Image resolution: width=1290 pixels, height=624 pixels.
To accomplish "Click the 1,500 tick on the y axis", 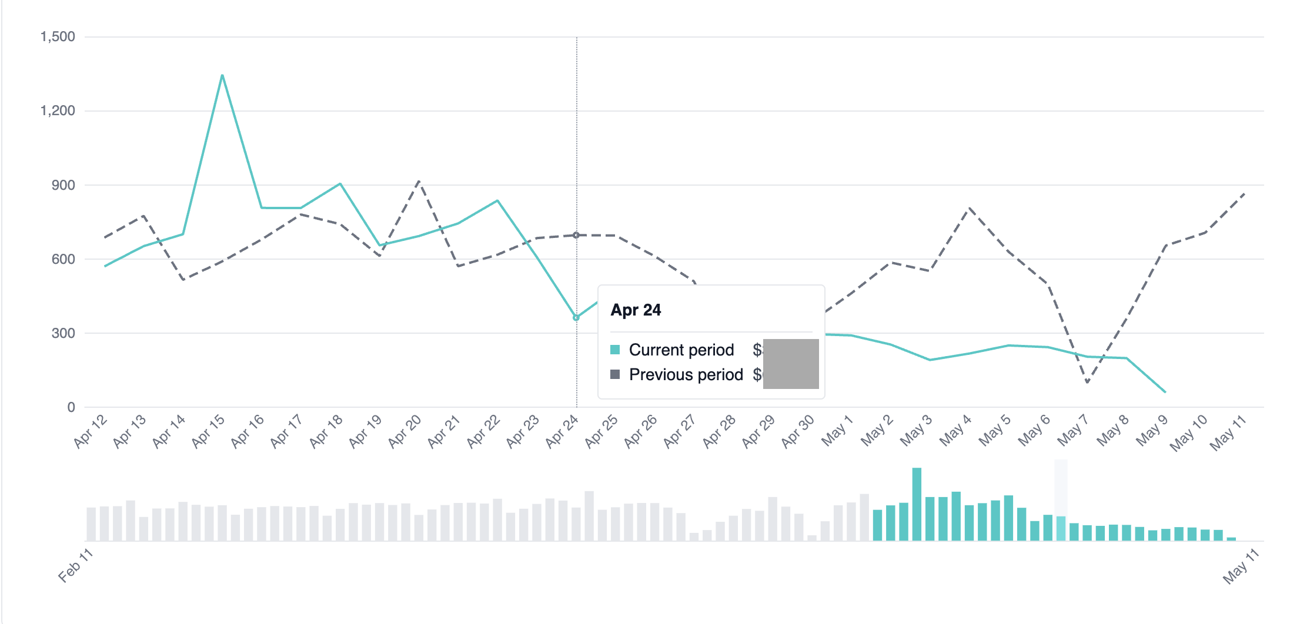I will [58, 36].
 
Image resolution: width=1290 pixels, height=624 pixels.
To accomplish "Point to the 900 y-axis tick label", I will [63, 185].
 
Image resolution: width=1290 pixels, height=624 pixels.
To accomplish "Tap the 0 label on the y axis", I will [71, 407].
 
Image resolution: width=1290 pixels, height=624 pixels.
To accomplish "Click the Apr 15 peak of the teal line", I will [222, 75].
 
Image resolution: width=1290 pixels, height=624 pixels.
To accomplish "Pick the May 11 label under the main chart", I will [1228, 432].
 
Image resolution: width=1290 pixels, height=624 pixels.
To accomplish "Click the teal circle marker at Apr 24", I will [576, 317].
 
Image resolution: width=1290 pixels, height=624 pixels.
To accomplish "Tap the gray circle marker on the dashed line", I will [576, 235].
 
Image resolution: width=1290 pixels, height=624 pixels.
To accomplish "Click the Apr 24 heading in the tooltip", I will [636, 310].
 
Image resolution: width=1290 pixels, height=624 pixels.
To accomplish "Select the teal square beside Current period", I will [615, 350].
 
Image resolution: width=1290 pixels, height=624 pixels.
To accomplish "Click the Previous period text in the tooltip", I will [686, 375].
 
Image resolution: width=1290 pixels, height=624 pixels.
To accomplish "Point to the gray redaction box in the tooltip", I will [791, 363].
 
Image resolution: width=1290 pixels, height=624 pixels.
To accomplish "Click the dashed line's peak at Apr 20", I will [419, 181].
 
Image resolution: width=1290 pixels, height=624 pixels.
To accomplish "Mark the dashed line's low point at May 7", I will [1087, 383].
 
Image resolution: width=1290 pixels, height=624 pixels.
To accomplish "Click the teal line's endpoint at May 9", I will [1165, 392].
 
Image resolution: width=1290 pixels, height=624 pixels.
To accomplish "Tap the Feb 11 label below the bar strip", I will [75, 565].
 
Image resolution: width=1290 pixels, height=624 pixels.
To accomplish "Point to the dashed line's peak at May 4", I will [969, 207].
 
